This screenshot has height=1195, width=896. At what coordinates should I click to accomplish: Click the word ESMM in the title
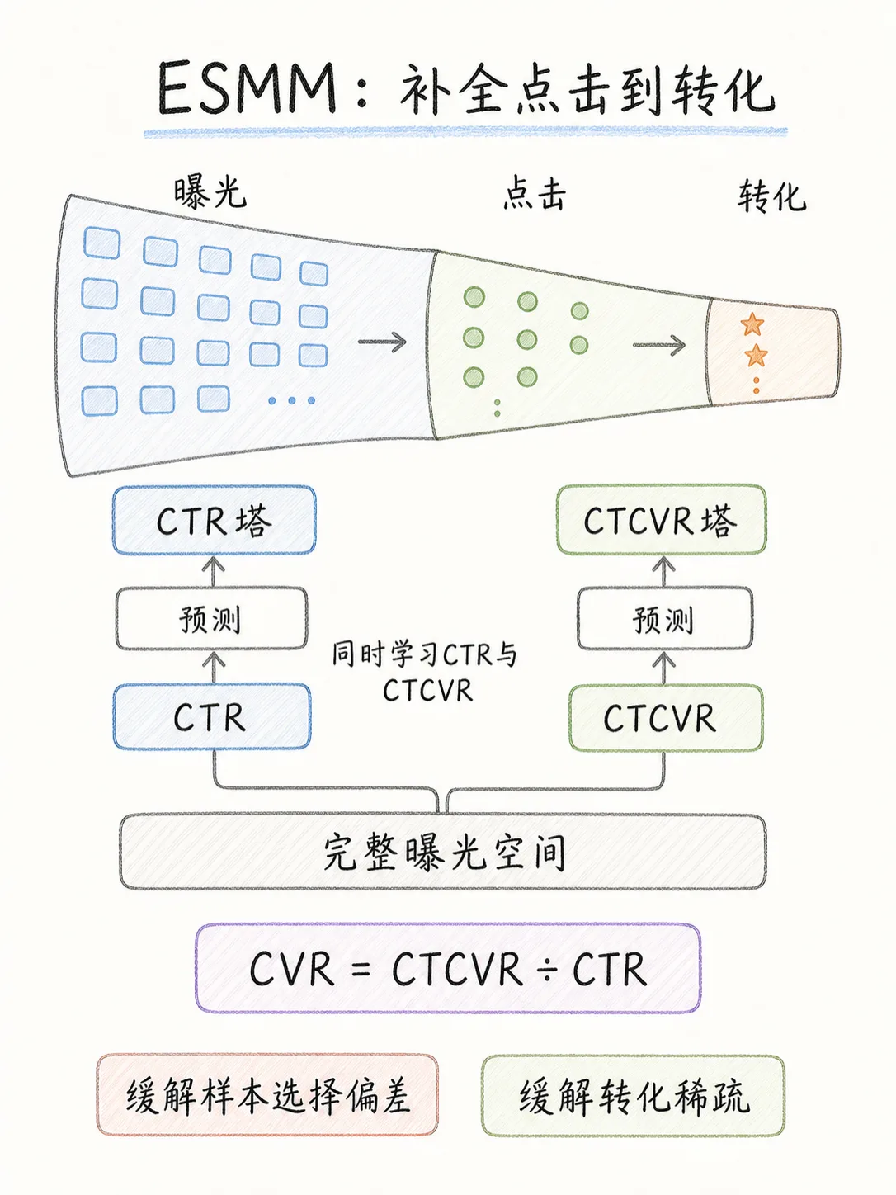coord(248,88)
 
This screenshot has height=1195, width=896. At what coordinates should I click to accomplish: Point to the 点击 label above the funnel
coord(535,195)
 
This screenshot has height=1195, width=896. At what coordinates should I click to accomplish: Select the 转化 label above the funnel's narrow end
coord(771,196)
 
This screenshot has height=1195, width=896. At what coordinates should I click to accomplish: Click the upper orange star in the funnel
coord(752,324)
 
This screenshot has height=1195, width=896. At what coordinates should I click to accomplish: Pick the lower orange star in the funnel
coord(756,356)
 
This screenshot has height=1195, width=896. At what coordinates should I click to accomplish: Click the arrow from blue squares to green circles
coord(382,342)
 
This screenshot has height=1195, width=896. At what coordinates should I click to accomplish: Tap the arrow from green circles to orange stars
coord(658,345)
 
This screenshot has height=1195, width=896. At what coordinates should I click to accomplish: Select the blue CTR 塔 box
coord(215,521)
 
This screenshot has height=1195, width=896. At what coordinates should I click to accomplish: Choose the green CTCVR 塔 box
coord(661,520)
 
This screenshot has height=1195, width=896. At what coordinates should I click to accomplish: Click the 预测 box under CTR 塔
coord(211,618)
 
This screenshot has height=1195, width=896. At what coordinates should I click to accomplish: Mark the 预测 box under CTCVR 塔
coord(665,618)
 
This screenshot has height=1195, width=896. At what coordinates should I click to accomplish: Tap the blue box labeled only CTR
coord(211,717)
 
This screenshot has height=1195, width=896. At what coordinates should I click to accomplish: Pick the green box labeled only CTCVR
coord(666,718)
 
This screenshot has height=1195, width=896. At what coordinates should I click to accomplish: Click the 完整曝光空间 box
coord(443,852)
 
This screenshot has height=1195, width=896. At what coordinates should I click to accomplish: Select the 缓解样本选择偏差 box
coord(267,1097)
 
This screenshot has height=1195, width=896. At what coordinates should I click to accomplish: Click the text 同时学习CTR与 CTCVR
coord(425,673)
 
